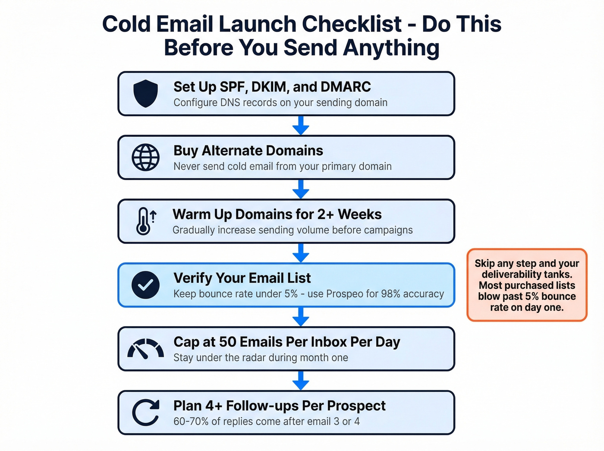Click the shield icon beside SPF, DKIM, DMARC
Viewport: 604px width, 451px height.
(145, 93)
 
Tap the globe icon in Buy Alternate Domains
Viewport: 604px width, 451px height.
(145, 157)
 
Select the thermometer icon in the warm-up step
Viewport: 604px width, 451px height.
(144, 221)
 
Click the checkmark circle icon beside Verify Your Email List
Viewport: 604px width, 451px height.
(145, 285)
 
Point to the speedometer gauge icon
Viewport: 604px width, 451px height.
(145, 349)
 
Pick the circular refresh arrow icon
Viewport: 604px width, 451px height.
(145, 413)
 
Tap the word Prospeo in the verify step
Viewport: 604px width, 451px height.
(345, 294)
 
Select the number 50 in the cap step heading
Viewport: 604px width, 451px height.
(227, 342)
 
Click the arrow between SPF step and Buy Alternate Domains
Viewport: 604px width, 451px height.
(301, 126)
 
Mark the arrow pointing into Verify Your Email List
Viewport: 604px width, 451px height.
(301, 253)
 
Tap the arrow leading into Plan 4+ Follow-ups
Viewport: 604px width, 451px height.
(301, 381)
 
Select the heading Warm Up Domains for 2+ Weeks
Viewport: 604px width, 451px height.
(277, 214)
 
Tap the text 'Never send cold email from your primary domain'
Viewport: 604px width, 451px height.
(282, 167)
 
